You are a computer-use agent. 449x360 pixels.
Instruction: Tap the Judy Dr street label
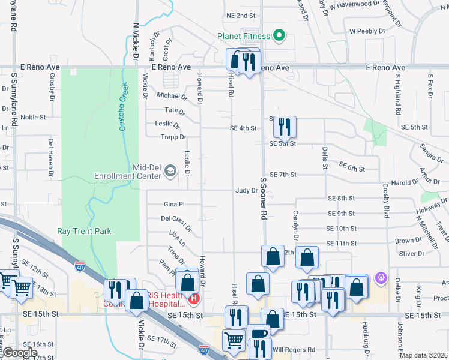tap(246, 190)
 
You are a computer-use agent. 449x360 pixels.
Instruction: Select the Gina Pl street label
tap(174, 205)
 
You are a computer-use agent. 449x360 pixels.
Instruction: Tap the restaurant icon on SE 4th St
tap(285, 126)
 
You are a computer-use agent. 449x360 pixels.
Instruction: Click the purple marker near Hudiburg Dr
tap(379, 278)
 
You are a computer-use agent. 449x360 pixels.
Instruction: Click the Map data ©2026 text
tap(424, 355)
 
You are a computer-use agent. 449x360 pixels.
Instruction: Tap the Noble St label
tap(33, 118)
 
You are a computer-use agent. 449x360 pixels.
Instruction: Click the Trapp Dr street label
tap(174, 137)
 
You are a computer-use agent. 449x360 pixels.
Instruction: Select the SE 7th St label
tap(284, 175)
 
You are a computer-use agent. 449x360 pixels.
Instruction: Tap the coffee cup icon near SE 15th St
tap(259, 334)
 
